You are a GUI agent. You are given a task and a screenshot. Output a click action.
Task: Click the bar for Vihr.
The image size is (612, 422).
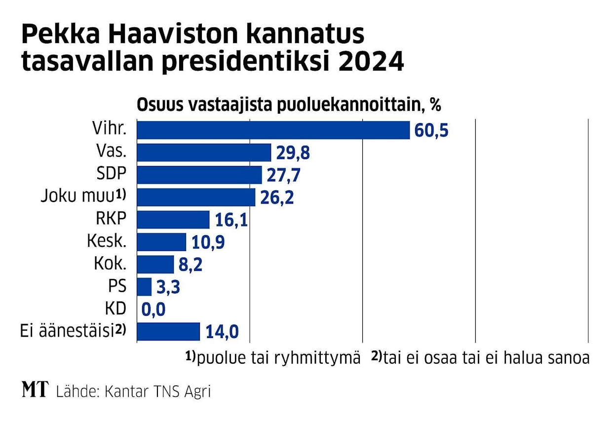point(273,130)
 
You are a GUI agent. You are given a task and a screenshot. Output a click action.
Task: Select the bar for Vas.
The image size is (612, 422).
point(204,153)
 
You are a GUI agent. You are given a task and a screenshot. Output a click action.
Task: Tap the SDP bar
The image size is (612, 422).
point(199,175)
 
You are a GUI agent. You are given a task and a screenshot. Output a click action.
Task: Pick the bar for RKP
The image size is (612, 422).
point(173,219)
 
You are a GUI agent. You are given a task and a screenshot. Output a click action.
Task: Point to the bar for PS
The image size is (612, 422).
point(144,287)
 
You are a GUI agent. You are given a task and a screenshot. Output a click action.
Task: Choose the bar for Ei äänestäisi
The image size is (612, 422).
point(168,331)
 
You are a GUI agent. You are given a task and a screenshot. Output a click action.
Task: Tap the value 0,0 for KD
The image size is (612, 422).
point(153,310)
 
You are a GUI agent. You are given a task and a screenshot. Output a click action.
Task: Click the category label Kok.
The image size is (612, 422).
point(110,264)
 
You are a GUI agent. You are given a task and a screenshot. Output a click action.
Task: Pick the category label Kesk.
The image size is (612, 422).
point(107,242)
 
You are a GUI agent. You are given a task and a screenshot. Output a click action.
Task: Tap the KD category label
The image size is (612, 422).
point(115,309)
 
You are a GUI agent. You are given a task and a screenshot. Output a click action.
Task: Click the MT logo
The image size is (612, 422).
point(36,390)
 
